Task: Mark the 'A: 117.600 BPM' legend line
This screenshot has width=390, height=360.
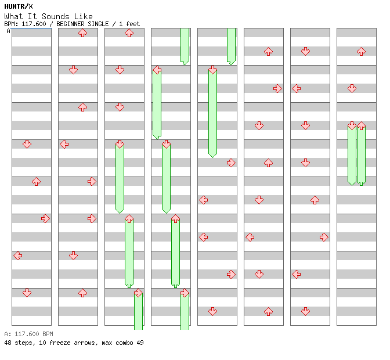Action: (x=28, y=334)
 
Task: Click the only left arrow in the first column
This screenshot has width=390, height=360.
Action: (x=18, y=255)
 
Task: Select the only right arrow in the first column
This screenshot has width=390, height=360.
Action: (x=45, y=218)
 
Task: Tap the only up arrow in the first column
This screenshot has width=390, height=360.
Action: (x=36, y=181)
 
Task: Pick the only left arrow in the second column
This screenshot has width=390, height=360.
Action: (x=64, y=144)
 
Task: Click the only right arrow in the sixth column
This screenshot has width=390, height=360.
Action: (x=277, y=88)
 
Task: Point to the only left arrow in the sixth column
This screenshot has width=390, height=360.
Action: (x=250, y=237)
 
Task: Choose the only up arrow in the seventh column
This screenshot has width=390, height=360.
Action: (x=315, y=200)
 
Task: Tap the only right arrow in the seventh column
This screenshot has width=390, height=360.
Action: (x=324, y=237)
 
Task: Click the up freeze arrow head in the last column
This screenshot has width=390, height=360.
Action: (x=361, y=126)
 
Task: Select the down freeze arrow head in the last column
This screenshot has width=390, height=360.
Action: (x=352, y=126)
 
